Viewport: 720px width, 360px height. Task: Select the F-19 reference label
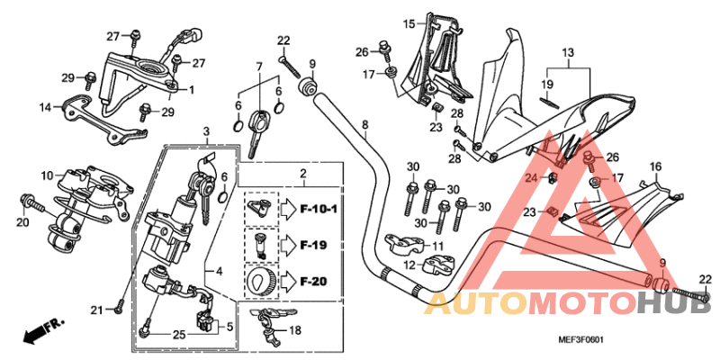pos(312,245)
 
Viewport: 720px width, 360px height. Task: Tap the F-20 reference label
pos(312,282)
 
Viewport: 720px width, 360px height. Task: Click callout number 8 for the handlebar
pos(365,124)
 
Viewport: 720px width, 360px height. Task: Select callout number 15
pos(408,22)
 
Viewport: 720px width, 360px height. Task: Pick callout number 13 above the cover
pos(567,53)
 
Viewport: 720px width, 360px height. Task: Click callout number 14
pos(44,107)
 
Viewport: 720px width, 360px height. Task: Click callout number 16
pos(680,166)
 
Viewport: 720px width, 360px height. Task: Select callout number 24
pos(530,177)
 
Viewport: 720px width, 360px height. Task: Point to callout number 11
pos(437,246)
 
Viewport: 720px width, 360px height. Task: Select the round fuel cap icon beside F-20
pos(259,282)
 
